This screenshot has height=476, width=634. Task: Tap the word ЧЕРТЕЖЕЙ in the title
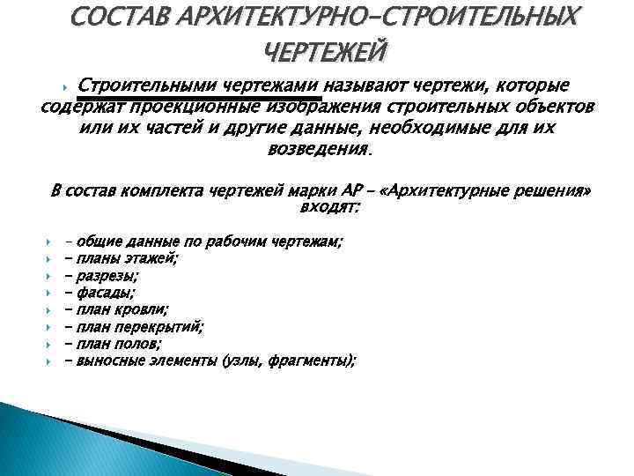pos(323,53)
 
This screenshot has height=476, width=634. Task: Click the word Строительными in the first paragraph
pos(145,86)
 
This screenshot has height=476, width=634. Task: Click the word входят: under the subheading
pos(330,208)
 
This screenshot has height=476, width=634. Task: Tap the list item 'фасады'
pos(106,293)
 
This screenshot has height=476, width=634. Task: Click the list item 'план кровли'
pos(123,309)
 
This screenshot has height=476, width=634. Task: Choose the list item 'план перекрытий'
pos(141,326)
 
